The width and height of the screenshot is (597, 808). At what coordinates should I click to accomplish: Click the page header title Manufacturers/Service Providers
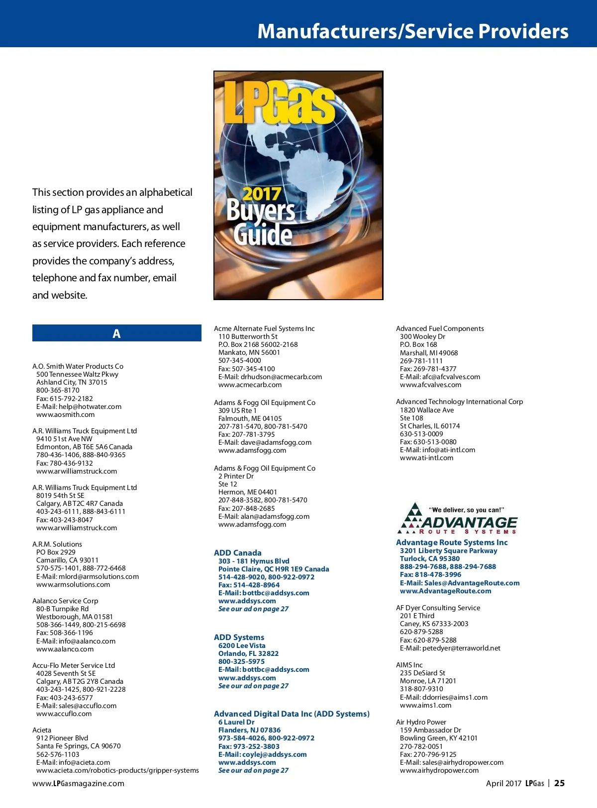point(412,31)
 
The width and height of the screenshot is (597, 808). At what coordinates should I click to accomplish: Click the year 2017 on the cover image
point(262,193)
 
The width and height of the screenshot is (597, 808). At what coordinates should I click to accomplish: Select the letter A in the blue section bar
point(116,333)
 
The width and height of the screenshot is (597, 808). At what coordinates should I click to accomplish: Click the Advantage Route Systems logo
point(457,519)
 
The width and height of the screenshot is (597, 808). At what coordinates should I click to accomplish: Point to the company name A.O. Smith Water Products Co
point(78,366)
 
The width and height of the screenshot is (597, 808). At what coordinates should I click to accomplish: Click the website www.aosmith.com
point(65,414)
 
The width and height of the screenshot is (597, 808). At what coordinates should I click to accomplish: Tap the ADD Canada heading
point(237,553)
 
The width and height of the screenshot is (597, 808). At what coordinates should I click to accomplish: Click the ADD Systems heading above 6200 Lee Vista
point(239,637)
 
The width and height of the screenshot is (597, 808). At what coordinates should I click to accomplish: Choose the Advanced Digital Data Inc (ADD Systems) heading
point(292,714)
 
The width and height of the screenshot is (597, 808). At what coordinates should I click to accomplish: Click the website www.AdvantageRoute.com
point(445,591)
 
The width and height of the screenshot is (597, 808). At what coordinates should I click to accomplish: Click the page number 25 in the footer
point(560,783)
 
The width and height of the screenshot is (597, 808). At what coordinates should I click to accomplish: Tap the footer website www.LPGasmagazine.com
point(78,784)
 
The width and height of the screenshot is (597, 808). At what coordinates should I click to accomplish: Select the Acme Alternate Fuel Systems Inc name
point(264,328)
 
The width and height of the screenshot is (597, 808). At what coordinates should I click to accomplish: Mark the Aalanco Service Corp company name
point(65,601)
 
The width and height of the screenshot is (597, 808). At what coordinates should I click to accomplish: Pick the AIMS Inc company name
point(409,665)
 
